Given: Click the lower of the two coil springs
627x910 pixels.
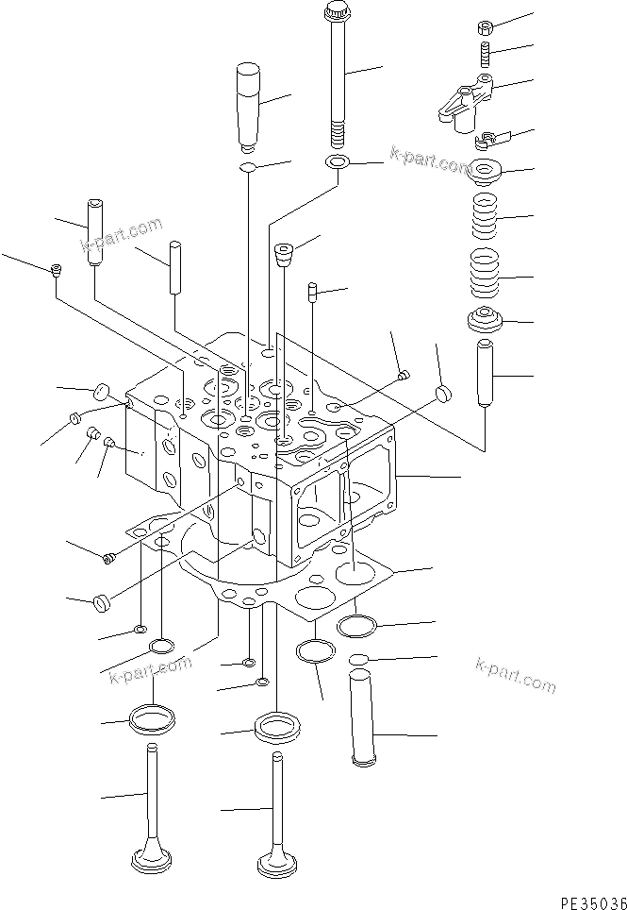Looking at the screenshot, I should [x=484, y=272].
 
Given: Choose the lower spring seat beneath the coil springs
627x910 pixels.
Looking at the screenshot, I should [x=484, y=322].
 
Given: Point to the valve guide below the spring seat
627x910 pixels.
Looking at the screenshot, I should [x=486, y=374].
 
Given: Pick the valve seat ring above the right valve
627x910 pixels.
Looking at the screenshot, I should [x=276, y=727].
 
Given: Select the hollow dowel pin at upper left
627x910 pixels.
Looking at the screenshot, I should [x=94, y=231].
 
